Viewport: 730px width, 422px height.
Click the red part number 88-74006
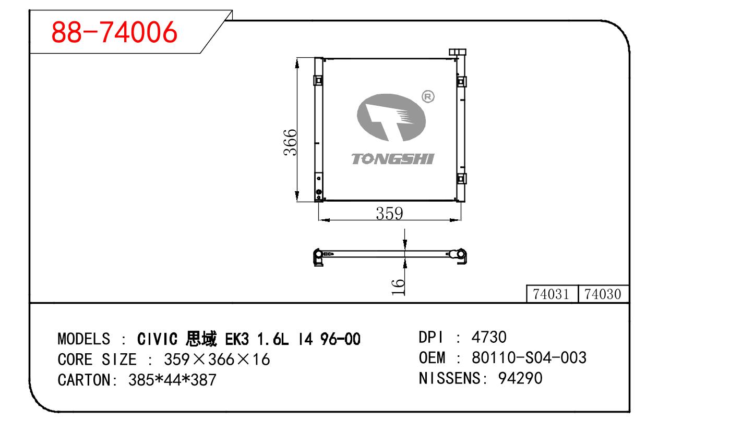tap(114, 32)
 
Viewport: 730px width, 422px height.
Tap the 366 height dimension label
tap(290, 143)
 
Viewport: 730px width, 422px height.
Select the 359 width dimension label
tap(389, 214)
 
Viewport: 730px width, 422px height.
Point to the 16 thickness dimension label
tap(398, 287)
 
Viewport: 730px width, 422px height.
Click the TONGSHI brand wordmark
tap(393, 159)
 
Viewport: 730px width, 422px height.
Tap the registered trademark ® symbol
tap(428, 96)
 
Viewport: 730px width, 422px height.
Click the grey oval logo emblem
tap(391, 117)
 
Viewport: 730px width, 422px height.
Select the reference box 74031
tap(552, 294)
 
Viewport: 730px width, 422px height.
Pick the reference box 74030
tap(603, 294)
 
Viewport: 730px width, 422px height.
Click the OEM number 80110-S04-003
tap(529, 357)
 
